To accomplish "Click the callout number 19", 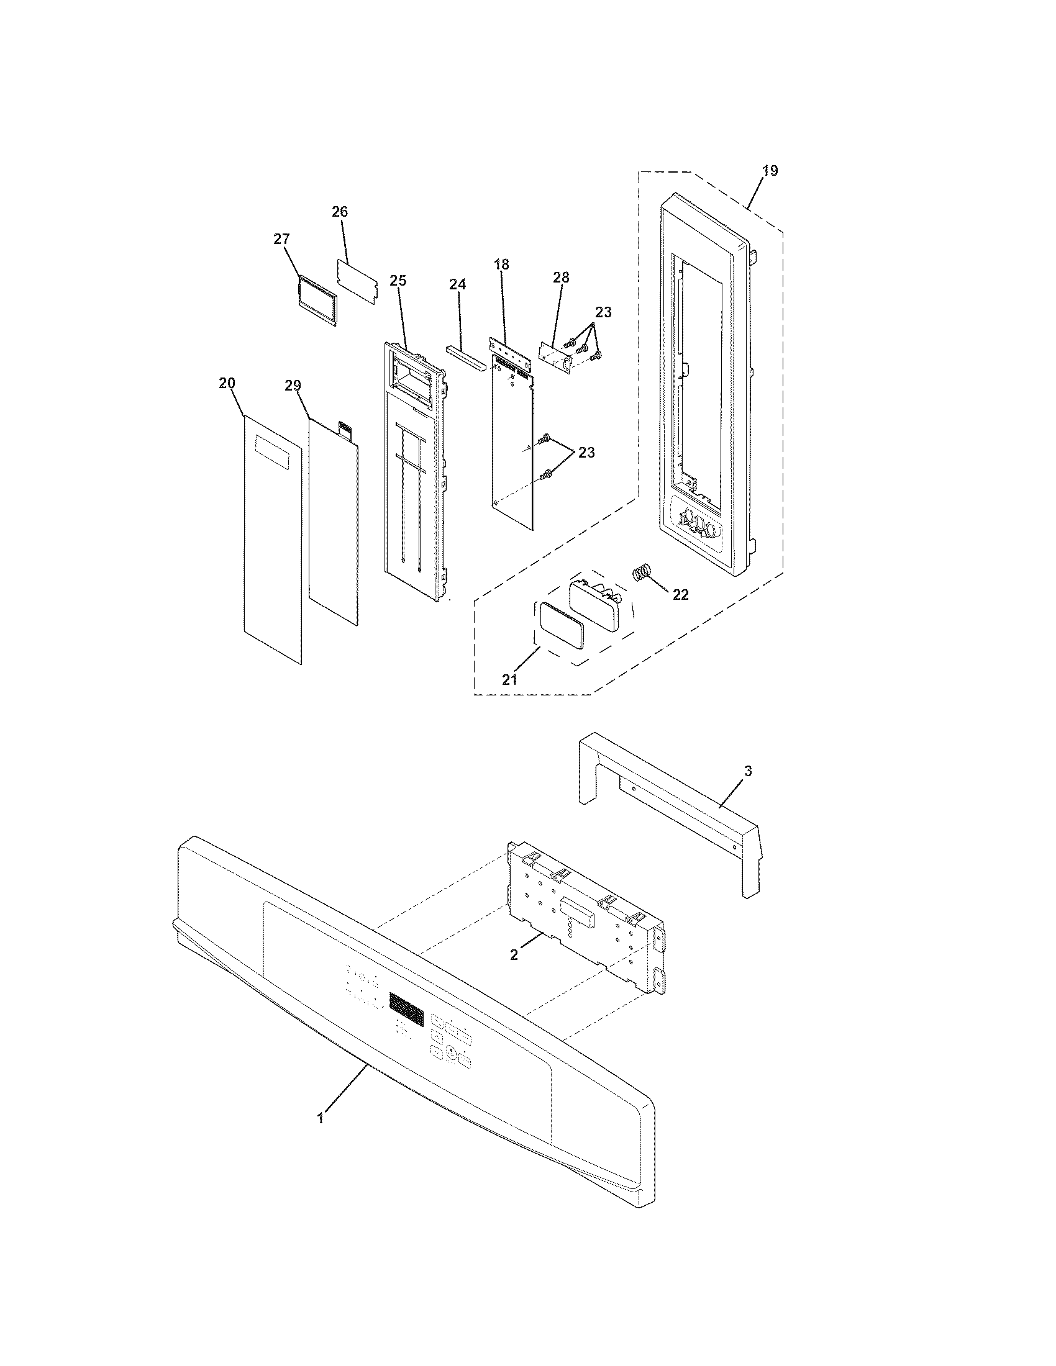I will click(770, 170).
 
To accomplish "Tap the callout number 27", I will click(282, 239).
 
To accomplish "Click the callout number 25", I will click(398, 281).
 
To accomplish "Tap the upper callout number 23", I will click(603, 312).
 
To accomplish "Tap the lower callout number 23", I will click(586, 452).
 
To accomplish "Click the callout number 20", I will click(227, 382).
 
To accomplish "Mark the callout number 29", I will click(293, 386).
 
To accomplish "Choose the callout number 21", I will click(510, 679).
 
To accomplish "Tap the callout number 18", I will click(502, 265).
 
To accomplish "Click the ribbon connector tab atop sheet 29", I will click(345, 428).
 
